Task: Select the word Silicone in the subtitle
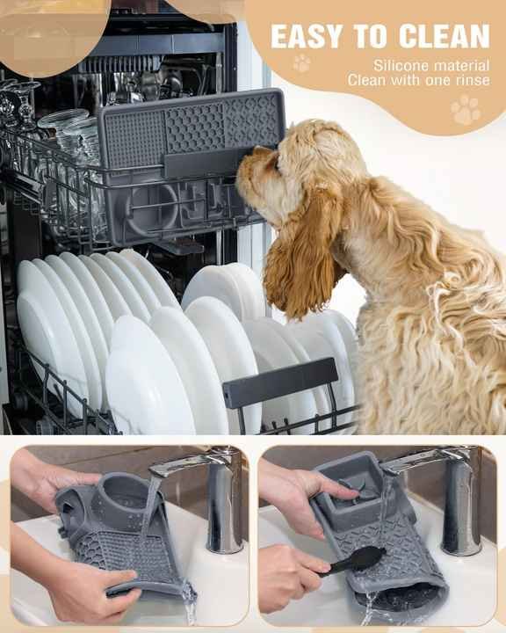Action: (x=403, y=65)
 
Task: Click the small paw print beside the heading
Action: (x=301, y=63)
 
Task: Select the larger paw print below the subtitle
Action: (x=466, y=110)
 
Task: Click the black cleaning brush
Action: (x=356, y=560)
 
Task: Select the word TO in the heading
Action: (x=375, y=36)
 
